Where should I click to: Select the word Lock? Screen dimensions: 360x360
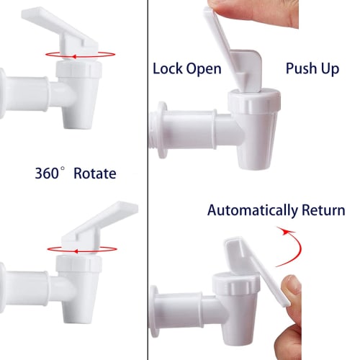tap(167, 69)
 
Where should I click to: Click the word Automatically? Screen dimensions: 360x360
tap(253, 211)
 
